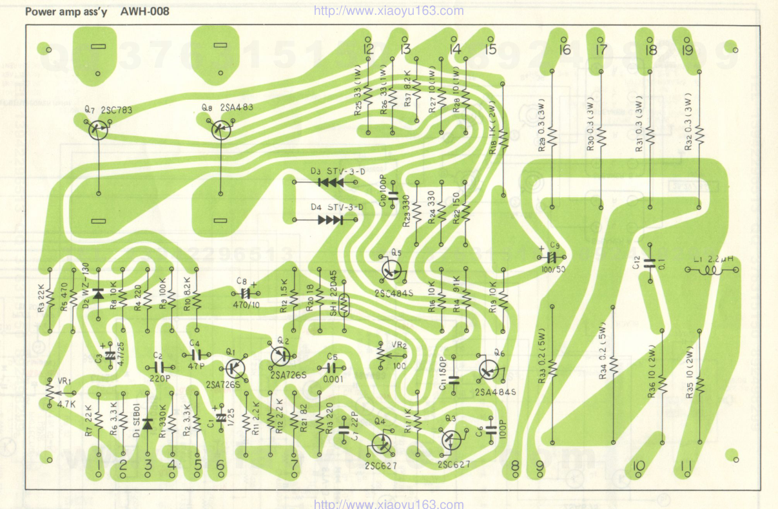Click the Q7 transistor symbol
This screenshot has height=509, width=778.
(99, 130)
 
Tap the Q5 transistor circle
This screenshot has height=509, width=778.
(391, 269)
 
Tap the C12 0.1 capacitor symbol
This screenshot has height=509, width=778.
(650, 262)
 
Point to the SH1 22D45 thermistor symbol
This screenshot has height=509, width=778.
(344, 305)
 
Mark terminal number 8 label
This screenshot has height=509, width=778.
(515, 467)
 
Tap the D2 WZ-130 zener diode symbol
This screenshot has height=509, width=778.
(98, 294)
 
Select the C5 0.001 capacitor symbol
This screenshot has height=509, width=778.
(333, 367)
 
